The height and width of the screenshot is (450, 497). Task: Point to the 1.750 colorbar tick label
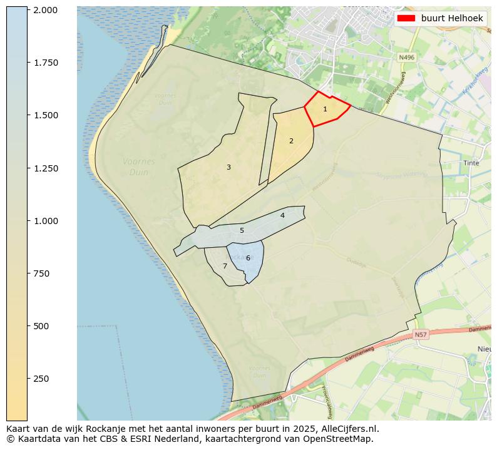[46, 63]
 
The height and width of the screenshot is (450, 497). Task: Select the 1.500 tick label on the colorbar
[46, 115]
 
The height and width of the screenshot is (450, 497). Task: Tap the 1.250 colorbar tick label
[46, 168]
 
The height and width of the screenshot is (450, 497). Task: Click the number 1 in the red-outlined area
[325, 109]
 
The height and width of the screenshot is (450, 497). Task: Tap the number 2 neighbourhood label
[291, 141]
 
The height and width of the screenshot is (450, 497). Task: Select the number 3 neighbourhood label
[228, 167]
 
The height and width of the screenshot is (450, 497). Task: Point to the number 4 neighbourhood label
[282, 215]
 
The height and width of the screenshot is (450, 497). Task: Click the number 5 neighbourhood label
[242, 230]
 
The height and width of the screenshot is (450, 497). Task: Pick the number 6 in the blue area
[248, 258]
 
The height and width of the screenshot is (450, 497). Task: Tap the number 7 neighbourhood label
[225, 266]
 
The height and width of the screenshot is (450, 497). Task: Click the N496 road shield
[407, 57]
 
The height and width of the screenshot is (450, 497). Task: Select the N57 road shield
[421, 335]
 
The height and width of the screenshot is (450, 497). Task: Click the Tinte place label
[471, 163]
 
